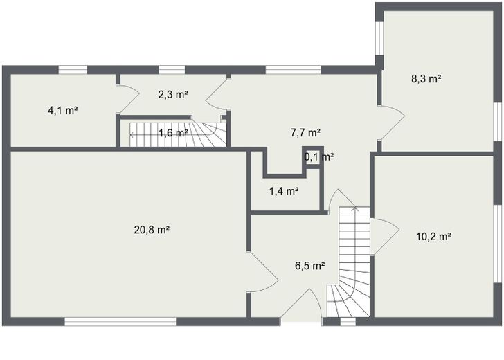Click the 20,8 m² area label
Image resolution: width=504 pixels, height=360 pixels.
pos(152,230)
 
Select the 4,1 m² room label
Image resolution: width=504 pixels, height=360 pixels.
pos(62,110)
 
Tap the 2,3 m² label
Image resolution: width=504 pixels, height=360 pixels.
pos(173,95)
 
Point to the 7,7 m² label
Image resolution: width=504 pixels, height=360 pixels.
pos(305,132)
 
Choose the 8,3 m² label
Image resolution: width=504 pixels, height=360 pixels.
pos(426,78)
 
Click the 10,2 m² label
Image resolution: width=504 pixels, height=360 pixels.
pos(433,236)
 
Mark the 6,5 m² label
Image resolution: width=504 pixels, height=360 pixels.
pos(309,265)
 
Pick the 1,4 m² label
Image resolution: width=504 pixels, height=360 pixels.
pos(284,191)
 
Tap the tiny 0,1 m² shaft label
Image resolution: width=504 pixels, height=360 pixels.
pos(318,156)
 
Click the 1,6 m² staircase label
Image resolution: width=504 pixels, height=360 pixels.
pos(173,133)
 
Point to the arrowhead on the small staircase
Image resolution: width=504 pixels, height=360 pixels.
pos(132,134)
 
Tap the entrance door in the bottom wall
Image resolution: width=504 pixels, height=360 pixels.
pos(302,305)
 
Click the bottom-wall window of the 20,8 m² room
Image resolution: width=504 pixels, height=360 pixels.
pos(120,321)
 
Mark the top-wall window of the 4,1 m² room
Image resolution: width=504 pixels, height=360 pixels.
pos(72,69)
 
